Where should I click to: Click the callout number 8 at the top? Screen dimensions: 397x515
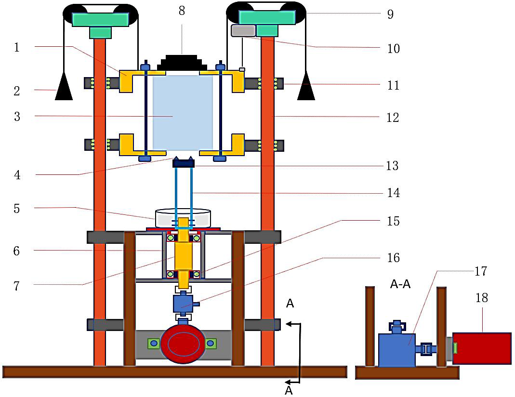click(182, 11)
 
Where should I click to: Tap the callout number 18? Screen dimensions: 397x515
click(481, 298)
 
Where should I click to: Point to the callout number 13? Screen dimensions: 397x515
click(392, 166)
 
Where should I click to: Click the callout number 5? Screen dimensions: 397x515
click(17, 208)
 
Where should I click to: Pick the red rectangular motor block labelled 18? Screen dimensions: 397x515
click(482, 348)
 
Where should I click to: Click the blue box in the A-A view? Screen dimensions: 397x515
click(396, 350)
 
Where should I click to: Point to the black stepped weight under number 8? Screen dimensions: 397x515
click(182, 63)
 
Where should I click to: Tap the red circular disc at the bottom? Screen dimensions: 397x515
click(183, 344)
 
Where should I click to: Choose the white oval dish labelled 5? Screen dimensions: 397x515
click(183, 218)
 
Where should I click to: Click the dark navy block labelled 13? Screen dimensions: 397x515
click(183, 163)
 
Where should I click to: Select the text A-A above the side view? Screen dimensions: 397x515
click(400, 284)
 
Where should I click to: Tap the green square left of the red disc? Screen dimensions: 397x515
click(154, 343)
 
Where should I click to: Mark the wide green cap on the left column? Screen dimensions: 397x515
click(100, 19)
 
